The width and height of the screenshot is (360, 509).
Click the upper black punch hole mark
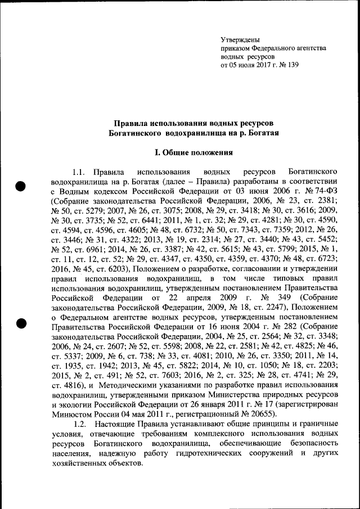(x=20, y=186)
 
